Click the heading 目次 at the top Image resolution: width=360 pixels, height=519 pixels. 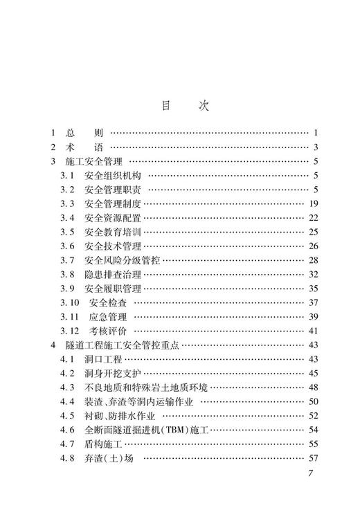coord(180,106)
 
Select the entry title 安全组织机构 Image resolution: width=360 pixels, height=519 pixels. coord(113,176)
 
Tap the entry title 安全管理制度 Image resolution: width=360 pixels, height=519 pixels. coord(113,204)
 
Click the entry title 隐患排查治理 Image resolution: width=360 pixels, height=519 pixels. coord(113,275)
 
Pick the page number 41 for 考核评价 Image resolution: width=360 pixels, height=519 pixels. coord(312,331)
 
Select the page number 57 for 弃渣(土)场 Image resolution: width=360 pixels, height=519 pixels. coord(312,459)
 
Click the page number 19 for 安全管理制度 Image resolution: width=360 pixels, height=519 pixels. coord(312,204)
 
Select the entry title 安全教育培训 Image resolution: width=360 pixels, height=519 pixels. coord(113,233)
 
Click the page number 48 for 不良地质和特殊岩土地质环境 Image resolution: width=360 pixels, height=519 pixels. coord(312,388)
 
